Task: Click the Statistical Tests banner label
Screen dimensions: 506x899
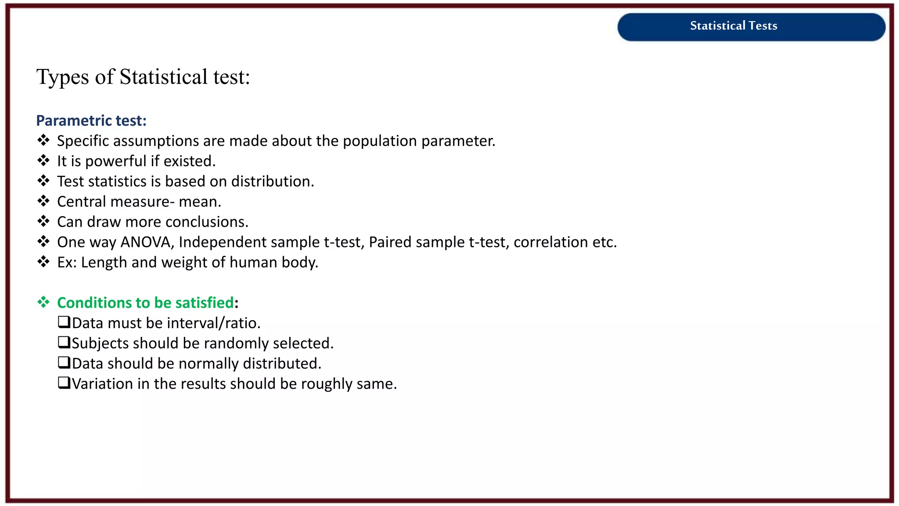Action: (x=733, y=26)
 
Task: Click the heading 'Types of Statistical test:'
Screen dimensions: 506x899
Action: (x=143, y=77)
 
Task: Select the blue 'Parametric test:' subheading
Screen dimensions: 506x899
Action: (x=91, y=121)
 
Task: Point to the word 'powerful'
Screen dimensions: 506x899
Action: (x=116, y=162)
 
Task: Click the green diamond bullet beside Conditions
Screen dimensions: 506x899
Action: (x=43, y=302)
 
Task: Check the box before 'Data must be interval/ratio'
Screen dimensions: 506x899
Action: (x=64, y=322)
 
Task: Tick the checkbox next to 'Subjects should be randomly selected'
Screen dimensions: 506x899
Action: (x=64, y=342)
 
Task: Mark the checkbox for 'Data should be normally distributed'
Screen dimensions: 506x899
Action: (x=64, y=362)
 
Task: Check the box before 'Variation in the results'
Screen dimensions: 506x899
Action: (x=64, y=383)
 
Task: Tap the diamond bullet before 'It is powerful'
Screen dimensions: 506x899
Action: (x=43, y=161)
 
